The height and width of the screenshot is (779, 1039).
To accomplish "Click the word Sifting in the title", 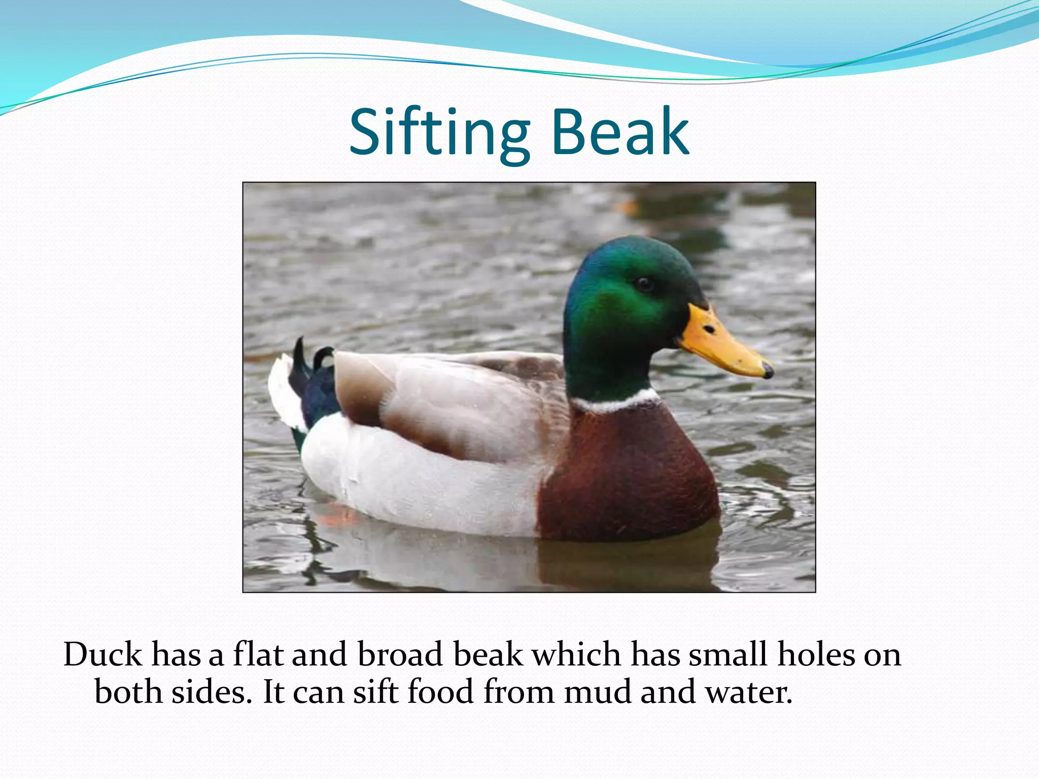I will pyautogui.click(x=439, y=133).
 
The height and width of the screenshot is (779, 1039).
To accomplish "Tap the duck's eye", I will pyautogui.click(x=644, y=283).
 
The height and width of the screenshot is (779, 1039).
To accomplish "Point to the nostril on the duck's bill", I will pyautogui.click(x=710, y=330).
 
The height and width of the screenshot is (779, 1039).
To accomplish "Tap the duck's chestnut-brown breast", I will pyautogui.click(x=629, y=472).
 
